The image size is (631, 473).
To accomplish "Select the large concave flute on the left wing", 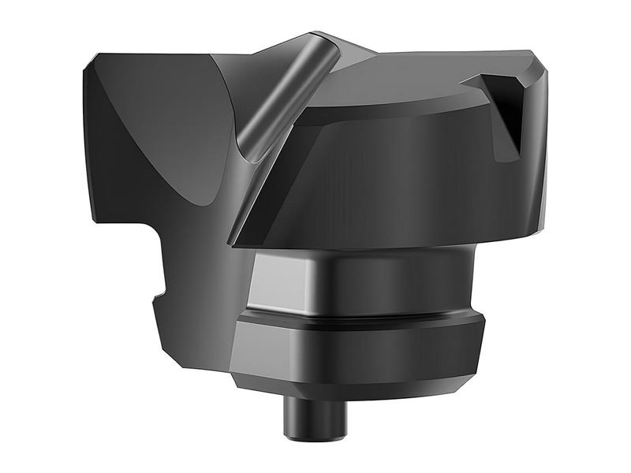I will [x=158, y=126].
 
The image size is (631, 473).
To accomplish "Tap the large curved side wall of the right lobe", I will [x=394, y=181].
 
